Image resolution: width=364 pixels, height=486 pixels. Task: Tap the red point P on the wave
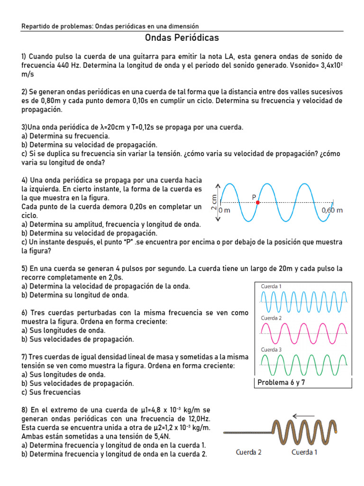tap(258, 202)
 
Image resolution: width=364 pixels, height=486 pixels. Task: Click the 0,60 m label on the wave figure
tap(332, 210)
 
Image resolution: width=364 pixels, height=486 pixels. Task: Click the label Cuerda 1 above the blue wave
tap(271, 286)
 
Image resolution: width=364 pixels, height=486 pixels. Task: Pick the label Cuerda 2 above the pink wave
tap(271, 318)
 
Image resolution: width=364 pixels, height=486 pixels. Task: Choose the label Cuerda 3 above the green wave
tap(271, 350)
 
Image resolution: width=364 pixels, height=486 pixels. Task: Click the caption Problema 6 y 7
tap(281, 383)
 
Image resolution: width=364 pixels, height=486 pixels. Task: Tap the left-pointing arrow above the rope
tap(303, 416)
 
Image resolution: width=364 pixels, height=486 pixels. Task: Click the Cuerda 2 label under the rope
tap(249, 452)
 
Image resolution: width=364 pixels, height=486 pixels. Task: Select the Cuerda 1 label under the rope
tap(304, 452)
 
